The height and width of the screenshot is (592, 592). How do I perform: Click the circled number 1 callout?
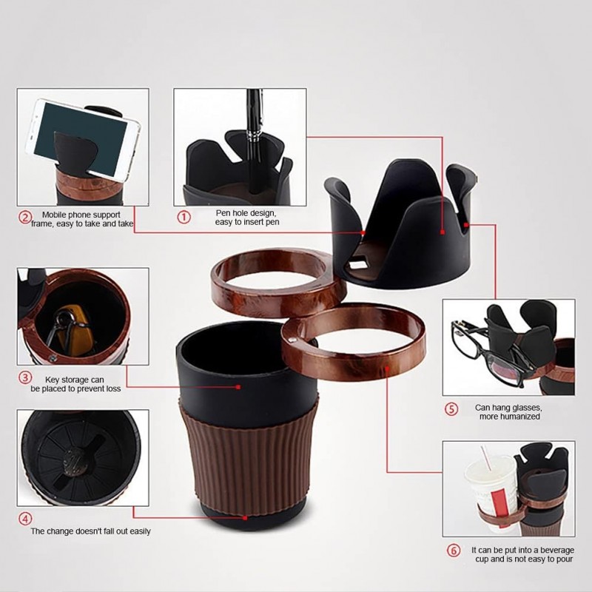click(184, 217)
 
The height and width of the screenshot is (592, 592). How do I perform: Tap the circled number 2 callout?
click(25, 218)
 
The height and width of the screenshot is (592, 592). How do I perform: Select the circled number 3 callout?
click(25, 377)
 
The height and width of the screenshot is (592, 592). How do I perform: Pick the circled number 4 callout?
click(25, 519)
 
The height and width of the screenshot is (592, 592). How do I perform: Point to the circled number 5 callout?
click(451, 409)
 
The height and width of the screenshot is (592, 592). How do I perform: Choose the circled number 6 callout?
click(454, 551)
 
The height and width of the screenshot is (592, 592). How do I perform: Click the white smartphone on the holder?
click(83, 137)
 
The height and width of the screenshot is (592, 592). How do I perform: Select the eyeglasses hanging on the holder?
click(491, 351)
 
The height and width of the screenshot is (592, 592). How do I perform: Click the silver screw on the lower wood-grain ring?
click(291, 340)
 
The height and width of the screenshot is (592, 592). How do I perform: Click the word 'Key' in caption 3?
click(52, 380)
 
